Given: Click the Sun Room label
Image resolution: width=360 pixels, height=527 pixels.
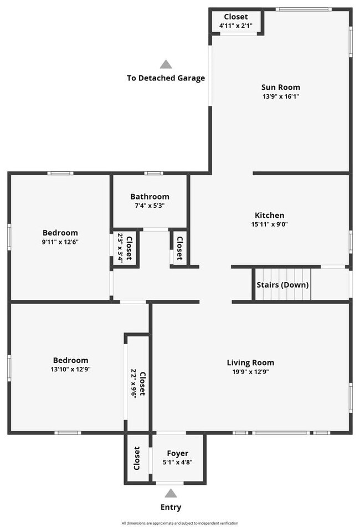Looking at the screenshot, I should click(x=281, y=87).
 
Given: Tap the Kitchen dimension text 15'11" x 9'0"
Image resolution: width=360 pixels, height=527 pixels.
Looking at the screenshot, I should click(x=269, y=224).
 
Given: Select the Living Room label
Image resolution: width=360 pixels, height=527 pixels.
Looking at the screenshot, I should click(x=250, y=363).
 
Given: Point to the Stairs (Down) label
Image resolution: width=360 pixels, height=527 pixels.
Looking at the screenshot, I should click(x=282, y=285).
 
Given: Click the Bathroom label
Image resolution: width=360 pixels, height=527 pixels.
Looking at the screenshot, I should click(x=150, y=197).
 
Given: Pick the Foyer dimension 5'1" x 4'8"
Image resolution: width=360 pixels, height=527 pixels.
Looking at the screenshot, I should click(x=178, y=462).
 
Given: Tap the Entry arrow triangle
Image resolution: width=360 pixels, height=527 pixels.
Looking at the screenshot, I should click(x=171, y=493).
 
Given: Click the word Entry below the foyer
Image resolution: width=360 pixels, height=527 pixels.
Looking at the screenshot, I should click(x=171, y=506).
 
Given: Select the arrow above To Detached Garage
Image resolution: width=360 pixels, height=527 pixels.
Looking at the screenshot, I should click(x=166, y=64).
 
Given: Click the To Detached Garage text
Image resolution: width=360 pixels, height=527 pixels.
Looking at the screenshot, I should click(x=166, y=78).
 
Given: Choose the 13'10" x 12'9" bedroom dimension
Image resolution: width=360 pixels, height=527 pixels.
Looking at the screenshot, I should click(x=70, y=369).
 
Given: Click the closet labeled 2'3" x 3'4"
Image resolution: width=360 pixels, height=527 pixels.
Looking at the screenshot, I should click(x=125, y=248).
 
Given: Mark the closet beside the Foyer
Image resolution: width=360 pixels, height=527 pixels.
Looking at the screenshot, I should click(x=137, y=459).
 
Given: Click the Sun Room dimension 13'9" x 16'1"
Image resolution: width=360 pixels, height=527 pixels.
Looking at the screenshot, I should click(x=281, y=96).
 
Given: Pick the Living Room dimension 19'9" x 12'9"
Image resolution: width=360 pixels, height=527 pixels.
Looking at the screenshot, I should click(x=250, y=372).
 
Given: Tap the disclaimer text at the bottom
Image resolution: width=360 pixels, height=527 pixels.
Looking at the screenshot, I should click(x=180, y=523).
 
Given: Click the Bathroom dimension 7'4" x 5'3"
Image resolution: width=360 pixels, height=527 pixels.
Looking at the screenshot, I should click(x=150, y=206).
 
